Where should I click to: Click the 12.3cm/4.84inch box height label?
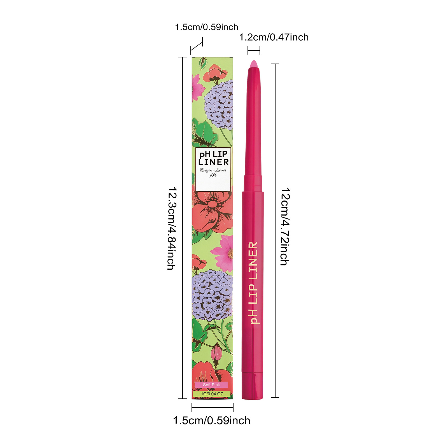click(171, 228)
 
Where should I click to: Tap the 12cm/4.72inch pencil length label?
click(285, 227)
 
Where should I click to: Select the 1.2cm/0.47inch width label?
click(274, 37)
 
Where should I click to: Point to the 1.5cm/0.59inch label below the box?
click(211, 421)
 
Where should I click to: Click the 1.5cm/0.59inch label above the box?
click(206, 27)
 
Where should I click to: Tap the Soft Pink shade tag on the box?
click(211, 385)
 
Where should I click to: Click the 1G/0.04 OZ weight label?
click(212, 394)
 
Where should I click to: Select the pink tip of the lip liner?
click(253, 64)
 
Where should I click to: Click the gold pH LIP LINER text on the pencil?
click(253, 283)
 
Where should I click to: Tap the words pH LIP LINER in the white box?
click(213, 158)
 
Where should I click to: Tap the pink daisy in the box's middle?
click(223, 254)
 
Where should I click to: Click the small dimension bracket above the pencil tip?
click(254, 51)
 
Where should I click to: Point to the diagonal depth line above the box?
click(196, 46)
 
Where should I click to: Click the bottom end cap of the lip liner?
click(252, 386)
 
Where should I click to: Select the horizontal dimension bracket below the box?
click(213, 407)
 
